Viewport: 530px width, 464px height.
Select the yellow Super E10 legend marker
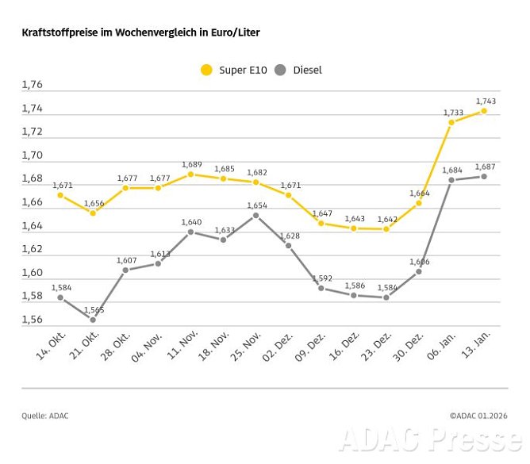(206, 70)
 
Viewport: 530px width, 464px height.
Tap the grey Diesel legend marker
(279, 70)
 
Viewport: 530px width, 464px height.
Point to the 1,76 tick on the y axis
(33, 85)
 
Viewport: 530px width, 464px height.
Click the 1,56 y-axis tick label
(33, 320)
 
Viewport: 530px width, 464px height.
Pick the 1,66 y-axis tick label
(33, 202)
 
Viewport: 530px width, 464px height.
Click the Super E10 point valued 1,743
(484, 111)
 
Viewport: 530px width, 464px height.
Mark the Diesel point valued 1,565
(92, 320)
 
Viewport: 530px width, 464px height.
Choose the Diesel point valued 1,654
(255, 215)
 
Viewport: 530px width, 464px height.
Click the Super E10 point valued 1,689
(190, 174)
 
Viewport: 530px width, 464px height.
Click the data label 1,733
(452, 113)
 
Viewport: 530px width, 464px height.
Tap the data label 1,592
(321, 278)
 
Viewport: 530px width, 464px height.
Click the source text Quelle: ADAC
(45, 415)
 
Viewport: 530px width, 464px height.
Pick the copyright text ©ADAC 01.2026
(478, 415)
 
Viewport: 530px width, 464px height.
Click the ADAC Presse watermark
(431, 439)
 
